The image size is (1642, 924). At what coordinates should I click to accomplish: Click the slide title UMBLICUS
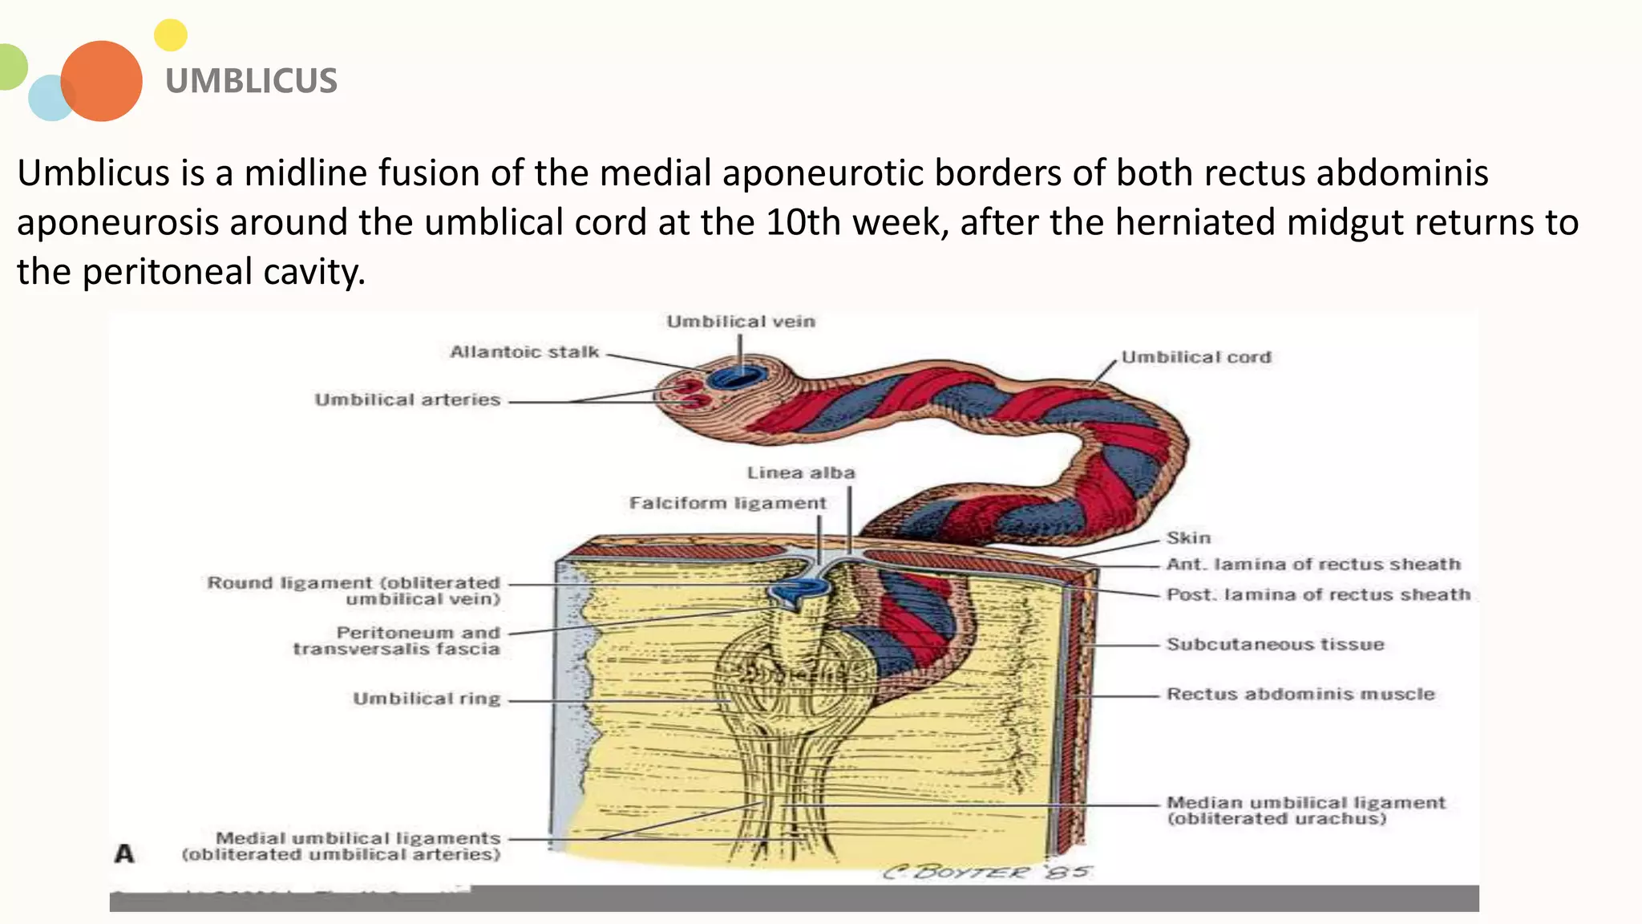[x=251, y=81]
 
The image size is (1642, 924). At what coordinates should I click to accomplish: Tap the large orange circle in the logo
[x=102, y=81]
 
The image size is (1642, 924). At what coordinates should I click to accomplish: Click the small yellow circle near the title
[x=170, y=35]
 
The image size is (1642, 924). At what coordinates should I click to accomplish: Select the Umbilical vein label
[x=741, y=322]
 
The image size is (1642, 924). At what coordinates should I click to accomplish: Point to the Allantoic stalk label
[x=524, y=352]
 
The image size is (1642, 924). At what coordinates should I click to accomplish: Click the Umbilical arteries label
[x=407, y=399]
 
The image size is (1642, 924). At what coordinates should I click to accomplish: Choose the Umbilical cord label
[x=1195, y=357]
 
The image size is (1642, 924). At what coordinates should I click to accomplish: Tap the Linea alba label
[x=801, y=473]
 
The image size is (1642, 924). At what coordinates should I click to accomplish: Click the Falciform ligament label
[x=727, y=503]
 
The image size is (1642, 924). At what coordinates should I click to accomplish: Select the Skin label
[x=1188, y=538]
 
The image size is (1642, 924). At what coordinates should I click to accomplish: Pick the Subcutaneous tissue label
[x=1275, y=644]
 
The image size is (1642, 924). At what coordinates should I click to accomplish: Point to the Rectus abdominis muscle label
[x=1300, y=694]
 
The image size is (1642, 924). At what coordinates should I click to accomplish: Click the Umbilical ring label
[x=427, y=699]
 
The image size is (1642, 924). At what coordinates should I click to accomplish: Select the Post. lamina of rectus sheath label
[x=1318, y=594]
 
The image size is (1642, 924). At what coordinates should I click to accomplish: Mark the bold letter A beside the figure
[x=124, y=853]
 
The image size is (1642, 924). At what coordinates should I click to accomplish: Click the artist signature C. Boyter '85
[x=987, y=872]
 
